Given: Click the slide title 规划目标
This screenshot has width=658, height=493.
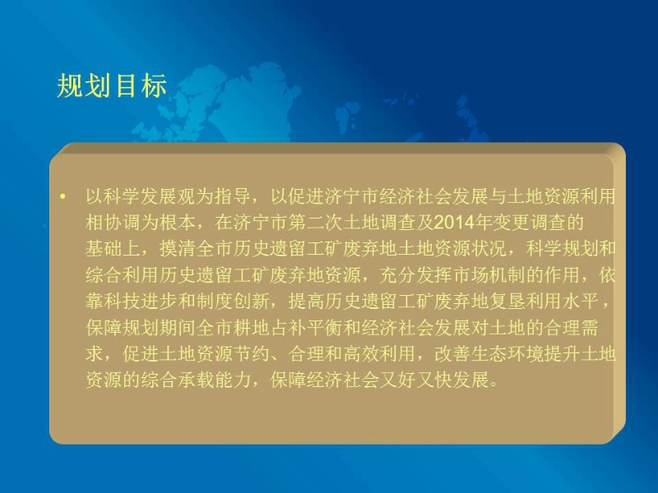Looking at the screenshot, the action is point(112,86).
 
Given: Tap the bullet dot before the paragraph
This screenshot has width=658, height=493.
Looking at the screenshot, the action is point(63,196).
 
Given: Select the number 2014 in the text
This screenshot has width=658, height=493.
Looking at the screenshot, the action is point(454,223).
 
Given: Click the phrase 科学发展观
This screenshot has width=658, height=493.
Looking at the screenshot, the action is point(150,196).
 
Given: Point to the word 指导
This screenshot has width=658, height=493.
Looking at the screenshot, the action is point(233,196).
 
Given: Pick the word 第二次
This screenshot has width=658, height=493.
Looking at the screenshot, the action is point(316,223).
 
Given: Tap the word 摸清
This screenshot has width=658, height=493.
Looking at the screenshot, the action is point(178,249).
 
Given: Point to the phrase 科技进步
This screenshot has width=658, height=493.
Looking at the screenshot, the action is point(141,302).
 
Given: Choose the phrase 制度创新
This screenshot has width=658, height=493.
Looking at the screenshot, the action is point(233,302).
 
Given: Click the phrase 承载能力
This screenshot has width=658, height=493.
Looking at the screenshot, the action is point(215,380).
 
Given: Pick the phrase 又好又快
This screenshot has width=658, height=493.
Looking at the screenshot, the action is point(418,380).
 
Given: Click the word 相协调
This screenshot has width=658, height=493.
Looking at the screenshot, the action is point(113,223).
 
